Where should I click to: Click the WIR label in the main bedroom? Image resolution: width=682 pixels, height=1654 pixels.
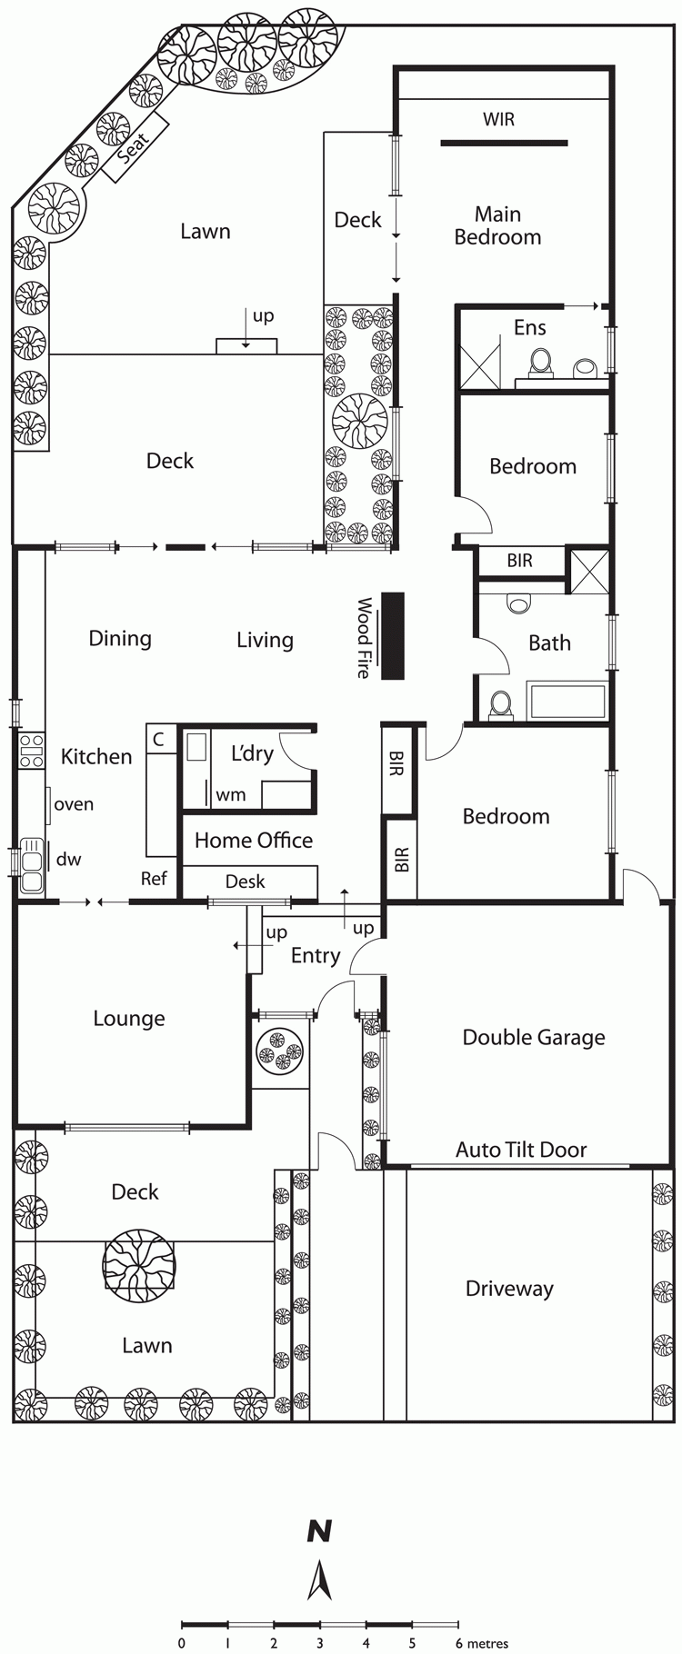point(499,119)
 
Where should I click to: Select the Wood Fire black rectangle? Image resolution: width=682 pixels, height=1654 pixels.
point(392,635)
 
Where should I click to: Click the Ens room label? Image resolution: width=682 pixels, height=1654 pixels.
point(530,327)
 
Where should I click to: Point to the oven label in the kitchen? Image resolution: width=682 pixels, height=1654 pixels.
point(74,804)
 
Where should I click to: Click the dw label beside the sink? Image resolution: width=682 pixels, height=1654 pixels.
point(69,859)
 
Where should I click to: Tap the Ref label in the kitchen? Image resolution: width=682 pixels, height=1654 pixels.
point(154,879)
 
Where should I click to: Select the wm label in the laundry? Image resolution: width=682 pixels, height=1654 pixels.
point(231,795)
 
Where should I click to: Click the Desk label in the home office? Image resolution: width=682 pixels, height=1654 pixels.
point(246,881)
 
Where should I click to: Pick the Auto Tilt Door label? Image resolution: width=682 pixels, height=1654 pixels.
point(521,1150)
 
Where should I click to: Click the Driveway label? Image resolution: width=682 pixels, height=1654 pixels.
point(509,1289)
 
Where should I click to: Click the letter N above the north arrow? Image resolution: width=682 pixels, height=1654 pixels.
point(319,1531)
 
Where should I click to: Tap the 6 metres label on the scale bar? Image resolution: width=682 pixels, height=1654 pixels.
point(481,1643)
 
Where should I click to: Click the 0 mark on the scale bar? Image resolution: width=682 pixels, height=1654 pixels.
point(182,1643)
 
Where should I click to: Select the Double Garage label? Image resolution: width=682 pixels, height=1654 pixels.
point(534,1038)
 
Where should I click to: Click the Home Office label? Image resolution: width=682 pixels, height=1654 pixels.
point(254,841)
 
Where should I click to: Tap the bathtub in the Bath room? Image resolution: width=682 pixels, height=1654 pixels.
point(567,702)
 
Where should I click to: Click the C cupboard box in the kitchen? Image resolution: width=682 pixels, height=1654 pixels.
point(159,739)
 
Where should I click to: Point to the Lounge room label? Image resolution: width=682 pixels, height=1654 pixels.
point(129,1019)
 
